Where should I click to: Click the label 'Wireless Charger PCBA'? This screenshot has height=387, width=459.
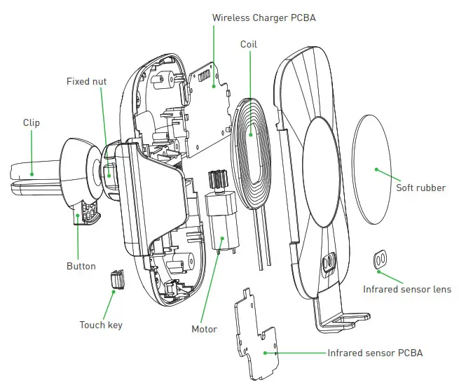pyautogui.click(x=263, y=17)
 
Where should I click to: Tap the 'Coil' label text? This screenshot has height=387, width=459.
pyautogui.click(x=249, y=44)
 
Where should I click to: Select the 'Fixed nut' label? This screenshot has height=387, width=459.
pyautogui.click(x=86, y=82)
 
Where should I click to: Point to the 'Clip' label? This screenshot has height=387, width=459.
pyautogui.click(x=31, y=123)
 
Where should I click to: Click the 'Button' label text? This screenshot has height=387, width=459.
pyautogui.click(x=81, y=267)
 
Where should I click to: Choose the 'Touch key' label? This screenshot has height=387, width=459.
pyautogui.click(x=102, y=325)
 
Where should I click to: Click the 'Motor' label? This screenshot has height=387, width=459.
pyautogui.click(x=204, y=329)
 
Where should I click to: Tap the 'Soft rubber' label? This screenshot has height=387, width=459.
pyautogui.click(x=420, y=188)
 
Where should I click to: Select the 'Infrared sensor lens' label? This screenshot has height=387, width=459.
pyautogui.click(x=407, y=289)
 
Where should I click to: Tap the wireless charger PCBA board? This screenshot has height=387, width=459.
pyautogui.click(x=210, y=112)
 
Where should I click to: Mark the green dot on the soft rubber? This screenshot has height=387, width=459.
pyautogui.click(x=376, y=169)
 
